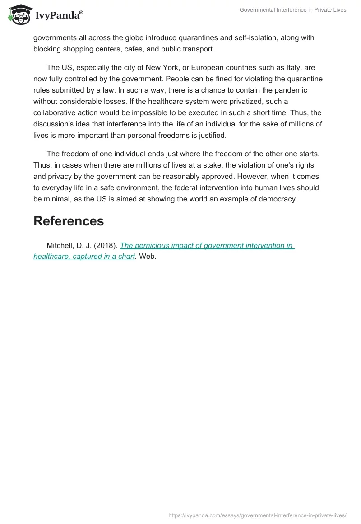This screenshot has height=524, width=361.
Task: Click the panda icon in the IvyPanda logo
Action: pos(19,15)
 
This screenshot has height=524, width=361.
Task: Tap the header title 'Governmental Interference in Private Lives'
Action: pos(293,10)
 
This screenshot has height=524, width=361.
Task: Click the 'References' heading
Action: pos(69,221)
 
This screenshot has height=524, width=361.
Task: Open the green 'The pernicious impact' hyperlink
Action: pos(207,246)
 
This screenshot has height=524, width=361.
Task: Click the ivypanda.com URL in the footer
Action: pos(257,515)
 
